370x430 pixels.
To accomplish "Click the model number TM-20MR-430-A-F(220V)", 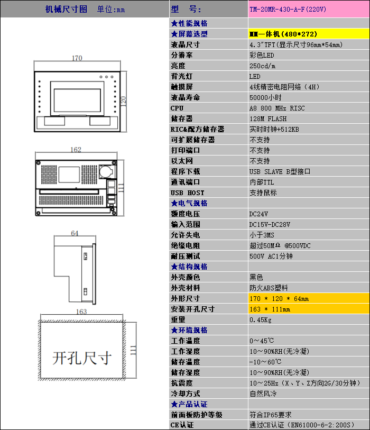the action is (288, 10).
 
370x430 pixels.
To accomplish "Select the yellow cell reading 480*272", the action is (309, 34).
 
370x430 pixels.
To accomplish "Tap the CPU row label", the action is (177, 108).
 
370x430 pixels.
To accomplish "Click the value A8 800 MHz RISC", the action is (277, 108).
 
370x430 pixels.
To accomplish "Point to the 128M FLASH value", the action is (268, 119).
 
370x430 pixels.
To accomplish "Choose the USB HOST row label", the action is (188, 193).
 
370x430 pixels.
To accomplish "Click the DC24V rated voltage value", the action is (258, 214).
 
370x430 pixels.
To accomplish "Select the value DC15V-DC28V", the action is (270, 225).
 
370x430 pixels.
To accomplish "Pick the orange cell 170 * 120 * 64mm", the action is (309, 298).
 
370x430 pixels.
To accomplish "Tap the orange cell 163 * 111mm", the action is (309, 309).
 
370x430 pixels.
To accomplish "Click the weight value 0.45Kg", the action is (261, 320).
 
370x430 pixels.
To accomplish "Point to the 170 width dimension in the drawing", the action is (77, 58).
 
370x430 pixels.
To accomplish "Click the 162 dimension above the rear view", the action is (76, 150).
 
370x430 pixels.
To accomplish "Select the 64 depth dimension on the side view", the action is (75, 233).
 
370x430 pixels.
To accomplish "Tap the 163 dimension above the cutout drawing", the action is (81, 312).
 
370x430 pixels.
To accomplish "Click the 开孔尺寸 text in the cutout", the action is (82, 358).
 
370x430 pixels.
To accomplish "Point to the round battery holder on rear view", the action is (106, 171).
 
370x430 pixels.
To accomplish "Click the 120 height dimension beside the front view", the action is (123, 102).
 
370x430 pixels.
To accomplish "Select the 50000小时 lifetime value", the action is (265, 98).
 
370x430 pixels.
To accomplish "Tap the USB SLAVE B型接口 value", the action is (280, 172).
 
